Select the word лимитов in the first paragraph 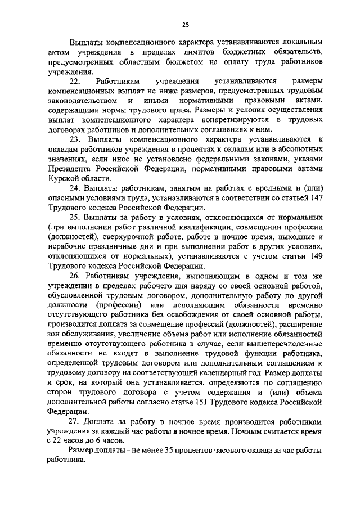coord(193,53)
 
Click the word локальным coord(299,42)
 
